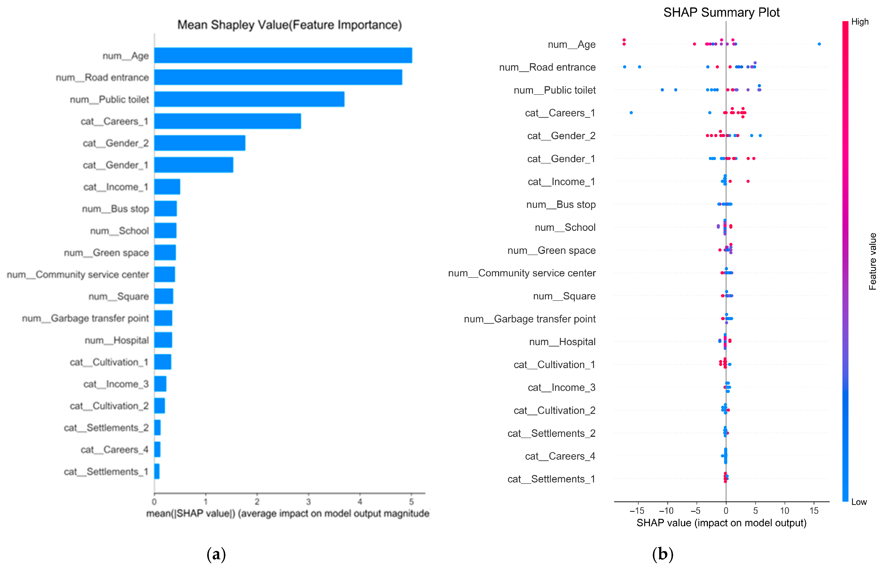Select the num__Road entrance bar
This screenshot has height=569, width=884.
[x=278, y=77]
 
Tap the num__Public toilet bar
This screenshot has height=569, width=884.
[x=249, y=99]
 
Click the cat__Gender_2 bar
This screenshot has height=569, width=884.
[x=199, y=143]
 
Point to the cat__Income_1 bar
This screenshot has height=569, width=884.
[x=167, y=186]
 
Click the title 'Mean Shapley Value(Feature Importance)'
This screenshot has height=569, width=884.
[x=289, y=25]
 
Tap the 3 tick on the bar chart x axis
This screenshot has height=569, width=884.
[x=308, y=501]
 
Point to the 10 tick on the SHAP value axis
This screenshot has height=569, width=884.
[x=784, y=511]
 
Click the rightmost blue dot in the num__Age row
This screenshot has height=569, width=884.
[x=819, y=44]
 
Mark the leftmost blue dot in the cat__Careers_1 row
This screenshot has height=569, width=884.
[x=631, y=113]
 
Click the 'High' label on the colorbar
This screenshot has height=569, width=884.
[x=860, y=22]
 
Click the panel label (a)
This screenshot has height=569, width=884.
[x=216, y=554]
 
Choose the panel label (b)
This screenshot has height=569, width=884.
[x=663, y=554]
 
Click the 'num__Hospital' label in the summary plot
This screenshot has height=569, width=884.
[x=562, y=342]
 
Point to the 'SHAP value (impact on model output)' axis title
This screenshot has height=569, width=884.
[x=721, y=523]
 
